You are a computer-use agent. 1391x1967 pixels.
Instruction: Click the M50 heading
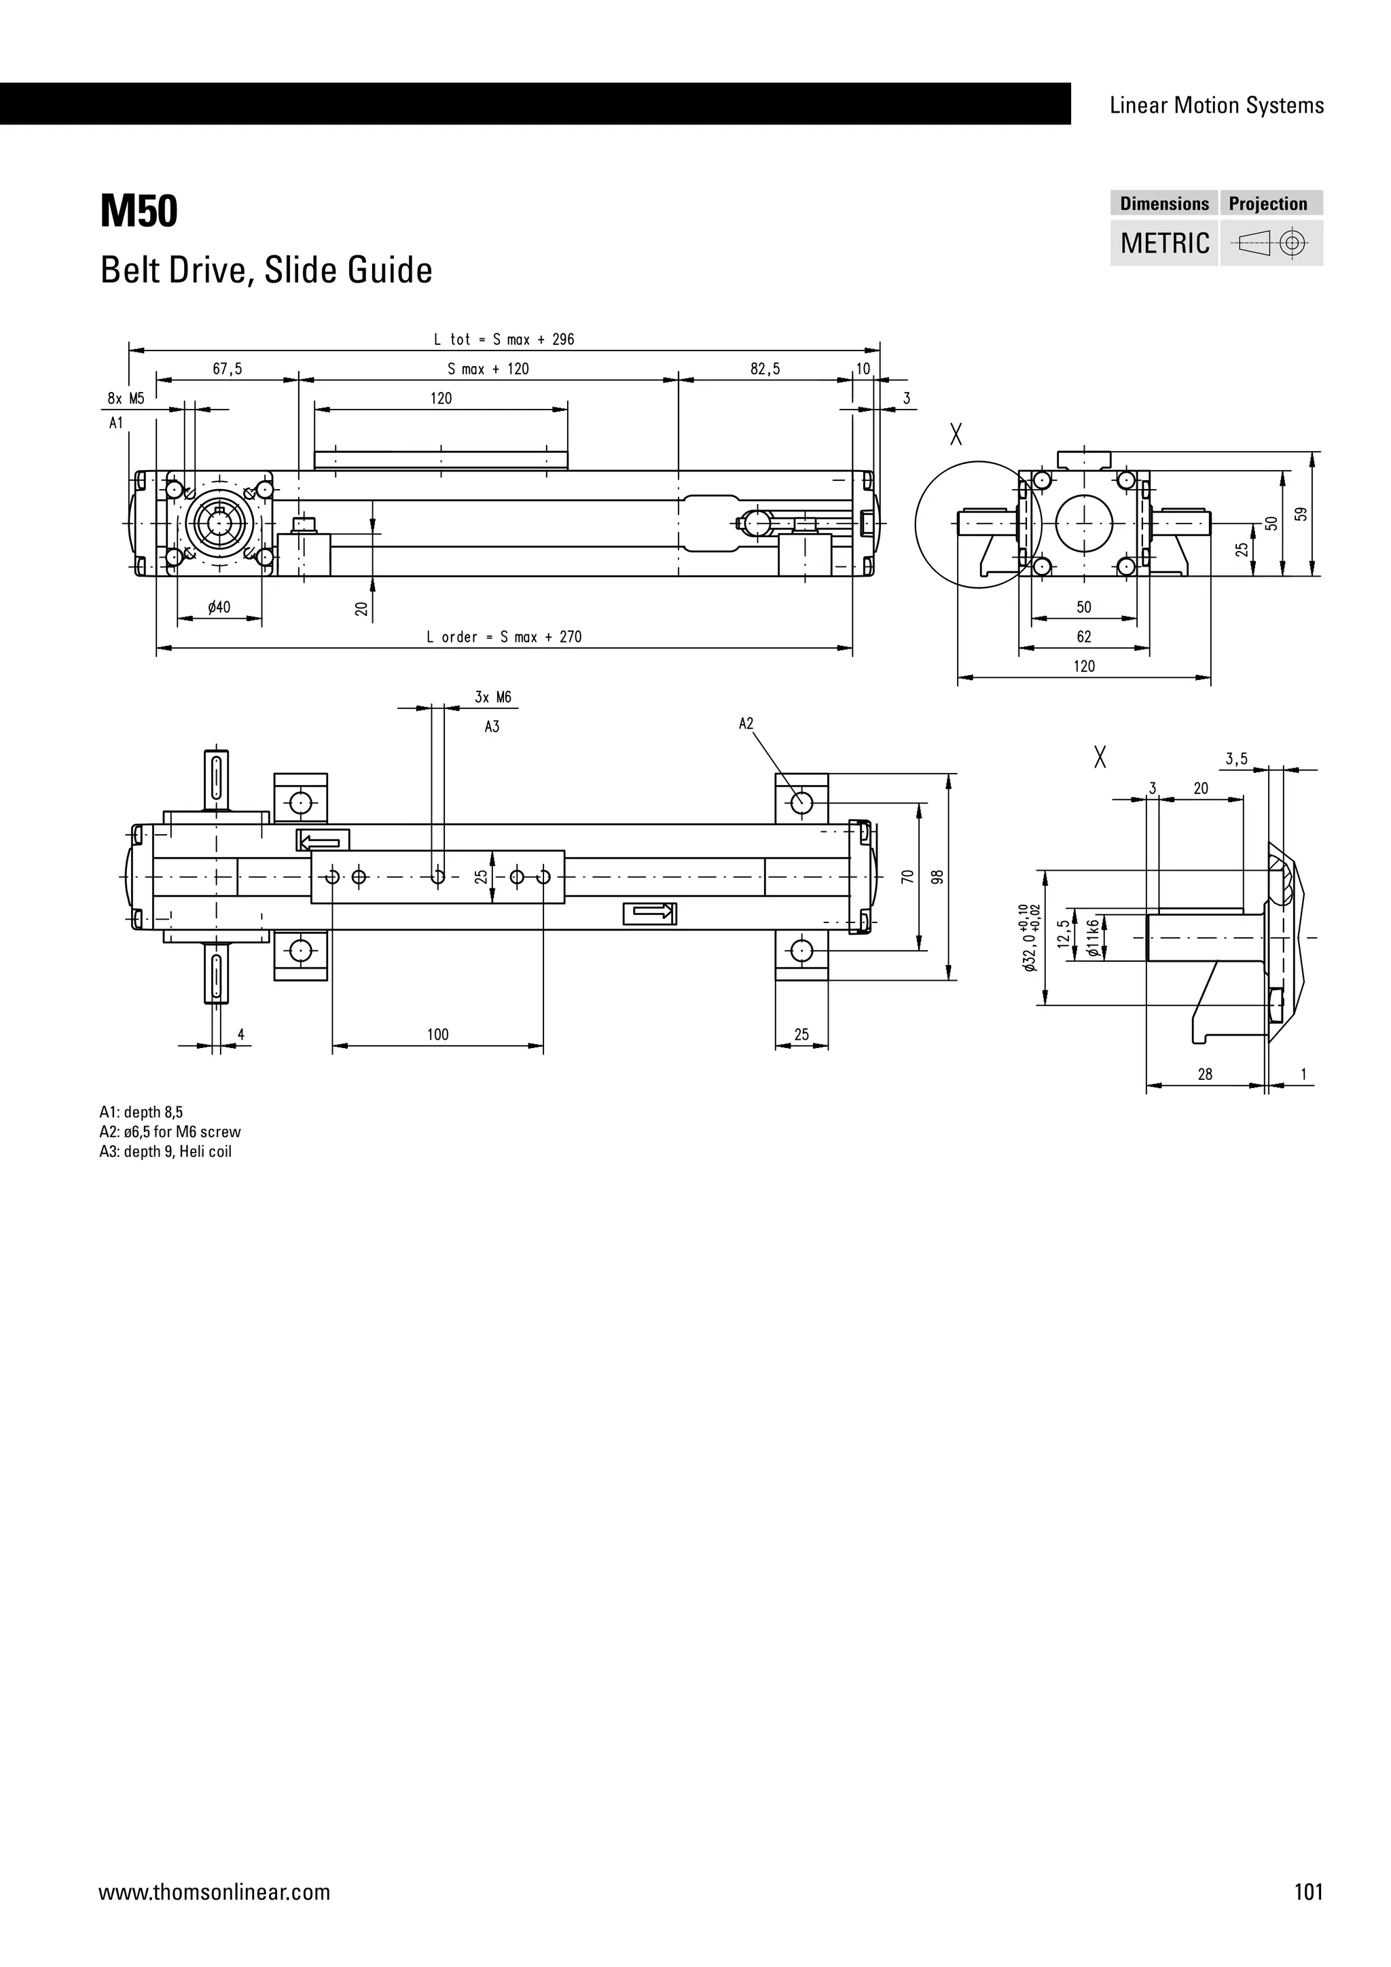pyautogui.click(x=139, y=212)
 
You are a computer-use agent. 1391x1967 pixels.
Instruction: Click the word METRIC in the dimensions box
pyautogui.click(x=1164, y=243)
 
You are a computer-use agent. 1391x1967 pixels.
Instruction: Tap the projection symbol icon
pyautogui.click(x=1271, y=243)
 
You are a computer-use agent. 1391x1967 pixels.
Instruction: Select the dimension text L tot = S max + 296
pyautogui.click(x=504, y=339)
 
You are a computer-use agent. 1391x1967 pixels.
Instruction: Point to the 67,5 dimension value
pyautogui.click(x=227, y=369)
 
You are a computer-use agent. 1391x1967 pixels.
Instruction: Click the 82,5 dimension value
pyautogui.click(x=765, y=369)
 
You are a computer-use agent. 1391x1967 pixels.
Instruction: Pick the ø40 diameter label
pyautogui.click(x=219, y=607)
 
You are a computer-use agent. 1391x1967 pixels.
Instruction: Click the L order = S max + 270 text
pyautogui.click(x=504, y=636)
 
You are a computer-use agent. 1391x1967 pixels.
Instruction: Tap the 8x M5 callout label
pyautogui.click(x=126, y=399)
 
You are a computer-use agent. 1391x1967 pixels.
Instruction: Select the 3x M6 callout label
pyautogui.click(x=492, y=698)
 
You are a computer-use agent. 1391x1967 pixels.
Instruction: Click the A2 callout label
pyautogui.click(x=745, y=724)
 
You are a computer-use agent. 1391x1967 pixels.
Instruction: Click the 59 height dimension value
pyautogui.click(x=1301, y=514)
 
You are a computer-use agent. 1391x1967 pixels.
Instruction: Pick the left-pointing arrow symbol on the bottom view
pyautogui.click(x=323, y=840)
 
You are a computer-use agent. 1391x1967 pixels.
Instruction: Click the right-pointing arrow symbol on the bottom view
pyautogui.click(x=650, y=914)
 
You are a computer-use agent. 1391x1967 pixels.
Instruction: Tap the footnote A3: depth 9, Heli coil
pyautogui.click(x=165, y=1151)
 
